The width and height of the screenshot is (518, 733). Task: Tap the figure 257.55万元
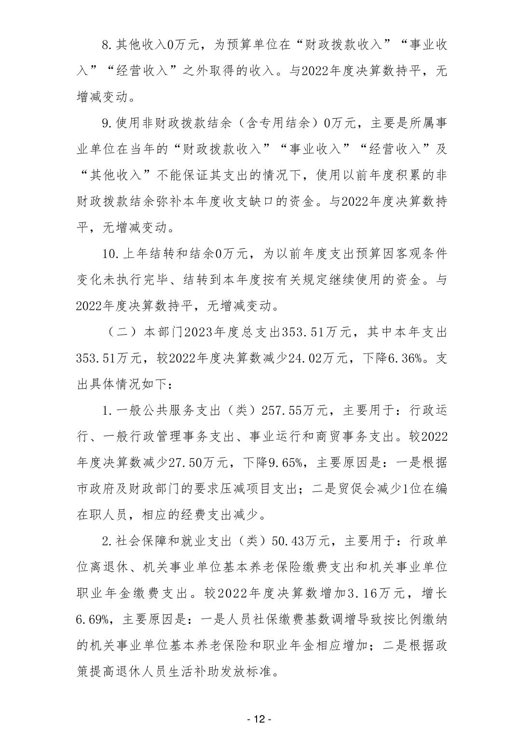[295, 411]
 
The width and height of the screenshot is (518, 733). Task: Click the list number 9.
[107, 123]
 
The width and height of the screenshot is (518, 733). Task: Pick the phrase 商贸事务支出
[353, 437]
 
